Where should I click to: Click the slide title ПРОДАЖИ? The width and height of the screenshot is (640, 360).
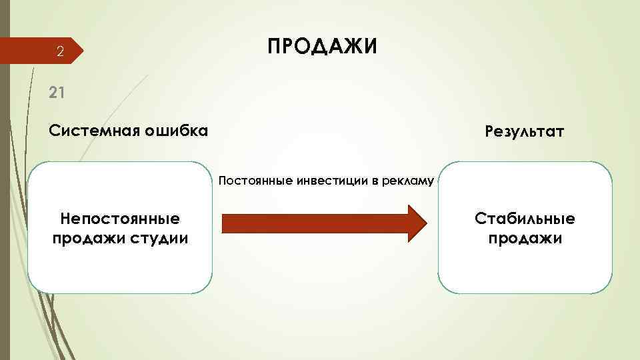(322, 47)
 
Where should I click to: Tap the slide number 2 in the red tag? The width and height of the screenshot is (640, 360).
(59, 52)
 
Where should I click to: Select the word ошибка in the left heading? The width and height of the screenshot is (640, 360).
(177, 130)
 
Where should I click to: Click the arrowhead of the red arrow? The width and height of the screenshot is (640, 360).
(416, 222)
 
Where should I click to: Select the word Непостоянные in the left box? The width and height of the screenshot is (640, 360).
(120, 219)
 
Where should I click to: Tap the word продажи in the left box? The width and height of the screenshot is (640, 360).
(85, 238)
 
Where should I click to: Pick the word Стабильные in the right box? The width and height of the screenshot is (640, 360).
(525, 219)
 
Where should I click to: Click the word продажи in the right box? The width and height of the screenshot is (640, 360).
(525, 238)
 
